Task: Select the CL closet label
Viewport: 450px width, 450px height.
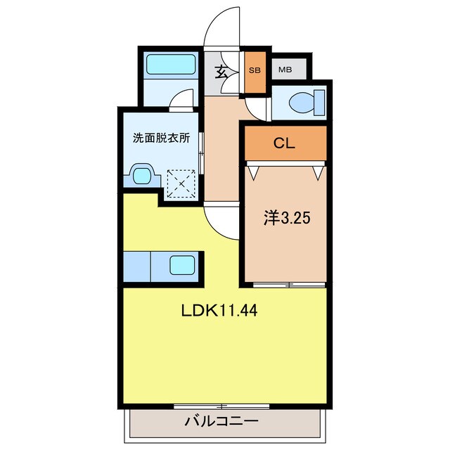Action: click(x=285, y=144)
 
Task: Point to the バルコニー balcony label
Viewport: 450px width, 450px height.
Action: click(x=221, y=422)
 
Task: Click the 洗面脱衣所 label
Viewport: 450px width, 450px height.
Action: click(x=161, y=138)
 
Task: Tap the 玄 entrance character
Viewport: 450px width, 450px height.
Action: click(x=221, y=71)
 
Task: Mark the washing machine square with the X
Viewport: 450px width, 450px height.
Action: click(x=181, y=184)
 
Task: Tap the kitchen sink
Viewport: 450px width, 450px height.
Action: click(x=181, y=266)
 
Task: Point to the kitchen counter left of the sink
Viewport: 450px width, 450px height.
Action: click(x=138, y=266)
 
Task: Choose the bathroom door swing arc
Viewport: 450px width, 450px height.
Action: click(x=182, y=100)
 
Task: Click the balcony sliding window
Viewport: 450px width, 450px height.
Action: click(x=221, y=406)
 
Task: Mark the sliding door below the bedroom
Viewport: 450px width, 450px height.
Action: click(x=288, y=285)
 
